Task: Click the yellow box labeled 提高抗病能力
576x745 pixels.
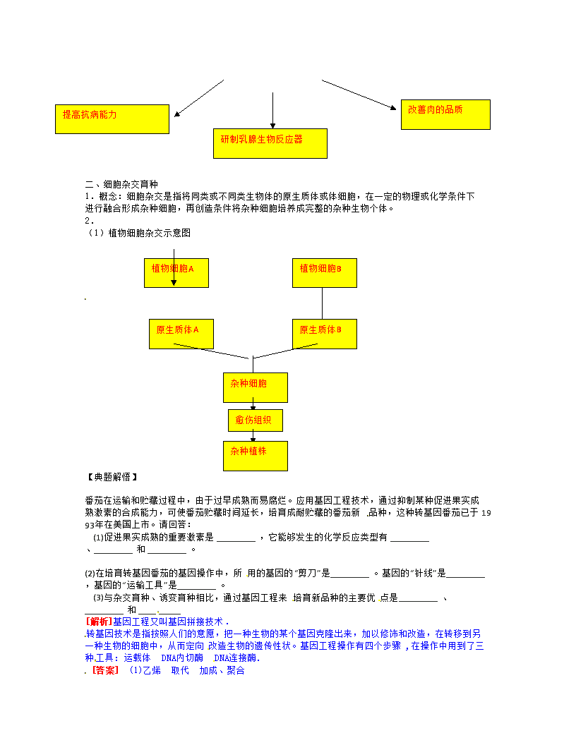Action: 112,119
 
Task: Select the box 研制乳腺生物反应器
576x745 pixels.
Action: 270,143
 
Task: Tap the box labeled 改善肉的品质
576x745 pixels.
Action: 446,114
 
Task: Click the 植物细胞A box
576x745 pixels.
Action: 176,273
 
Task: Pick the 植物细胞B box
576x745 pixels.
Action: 325,273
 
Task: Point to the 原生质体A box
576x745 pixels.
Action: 181,334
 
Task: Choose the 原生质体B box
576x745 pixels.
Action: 325,334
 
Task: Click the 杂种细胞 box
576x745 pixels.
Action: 256,388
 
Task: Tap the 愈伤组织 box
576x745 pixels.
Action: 256,420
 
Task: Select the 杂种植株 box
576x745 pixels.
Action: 256,456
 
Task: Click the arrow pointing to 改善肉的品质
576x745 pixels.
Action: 359,95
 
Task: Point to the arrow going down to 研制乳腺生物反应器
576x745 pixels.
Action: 272,110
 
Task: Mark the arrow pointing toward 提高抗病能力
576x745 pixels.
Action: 199,98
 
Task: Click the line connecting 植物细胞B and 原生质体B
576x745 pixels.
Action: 322,303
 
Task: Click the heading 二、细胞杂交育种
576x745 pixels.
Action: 121,184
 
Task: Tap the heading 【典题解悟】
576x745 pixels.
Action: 112,477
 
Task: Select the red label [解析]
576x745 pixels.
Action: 98,622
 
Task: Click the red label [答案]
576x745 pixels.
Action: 105,670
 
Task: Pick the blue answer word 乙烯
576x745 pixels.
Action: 152,670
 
